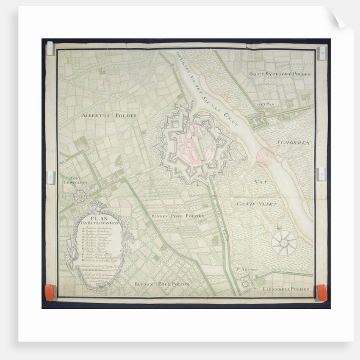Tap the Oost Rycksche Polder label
[x=280, y=74]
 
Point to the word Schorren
[x=294, y=143]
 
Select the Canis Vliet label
[x=257, y=204]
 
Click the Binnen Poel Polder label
[x=184, y=216]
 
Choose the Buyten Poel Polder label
[x=162, y=283]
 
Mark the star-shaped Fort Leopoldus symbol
[x=80, y=195]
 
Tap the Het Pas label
[x=266, y=103]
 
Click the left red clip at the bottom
[x=50, y=293]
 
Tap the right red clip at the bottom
[x=322, y=292]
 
